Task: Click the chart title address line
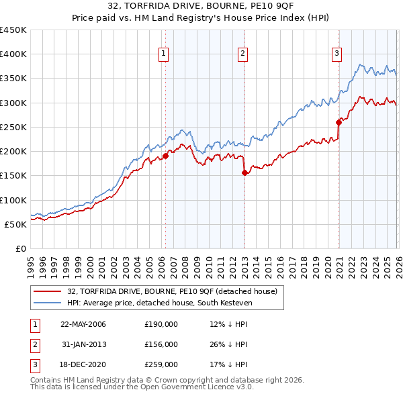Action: tap(201, 8)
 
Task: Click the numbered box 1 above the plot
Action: tap(165, 55)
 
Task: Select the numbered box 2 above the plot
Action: tap(242, 55)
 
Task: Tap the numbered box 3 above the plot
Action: tap(337, 55)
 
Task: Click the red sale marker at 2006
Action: tap(165, 156)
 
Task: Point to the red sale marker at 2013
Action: tap(244, 172)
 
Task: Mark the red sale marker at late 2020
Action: tap(339, 122)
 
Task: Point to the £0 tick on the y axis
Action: tap(21, 248)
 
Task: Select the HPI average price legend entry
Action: tap(158, 303)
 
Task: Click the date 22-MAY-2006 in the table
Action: tap(83, 324)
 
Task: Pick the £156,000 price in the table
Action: tap(161, 344)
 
